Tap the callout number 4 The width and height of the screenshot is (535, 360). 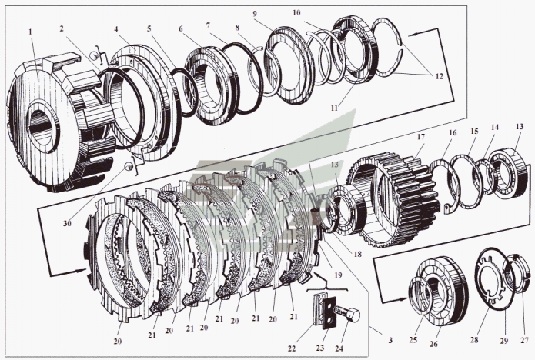point(117,30)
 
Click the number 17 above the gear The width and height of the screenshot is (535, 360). point(420,138)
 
